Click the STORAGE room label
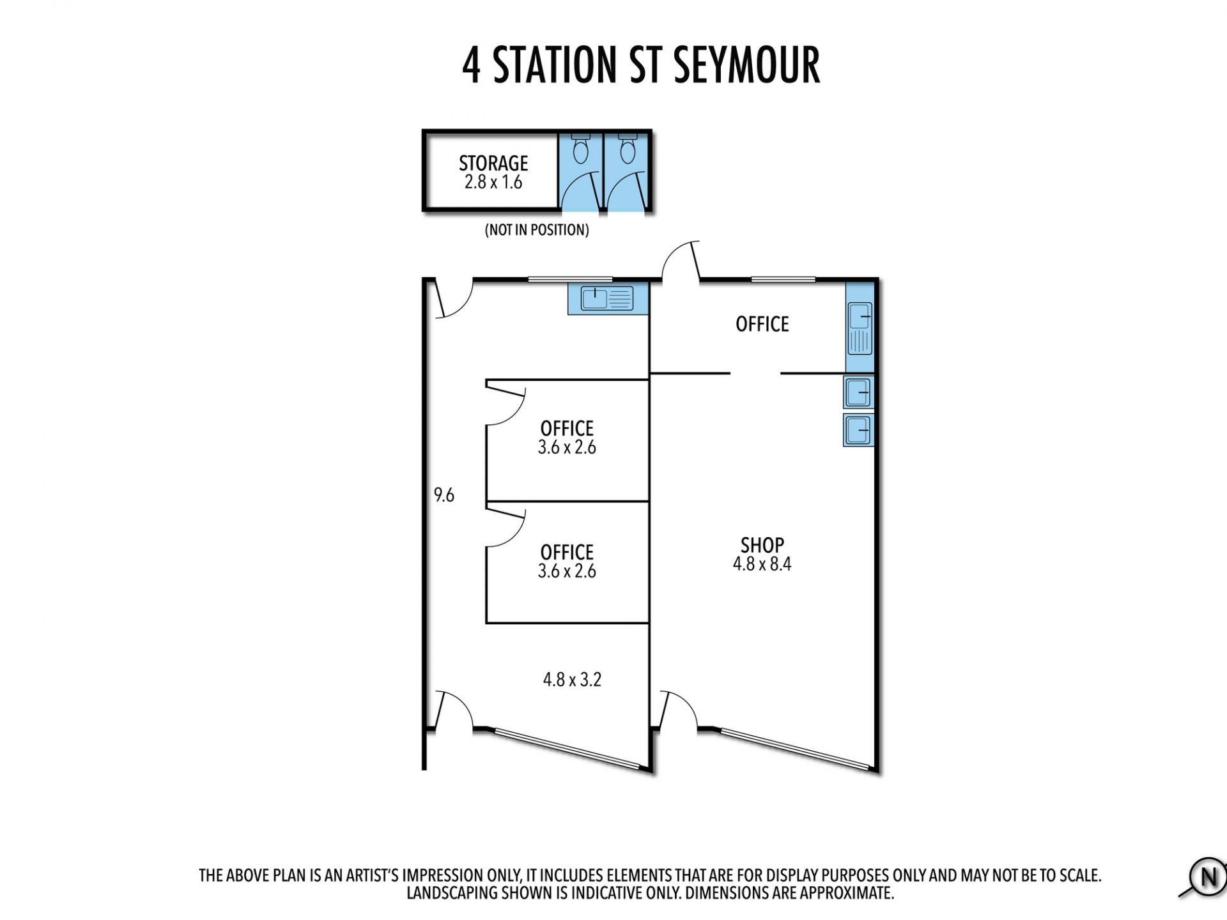tap(493, 163)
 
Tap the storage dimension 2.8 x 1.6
tap(493, 182)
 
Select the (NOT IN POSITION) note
tap(537, 230)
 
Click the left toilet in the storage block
tap(580, 149)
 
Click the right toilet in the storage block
tap(628, 149)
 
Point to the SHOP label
tap(762, 545)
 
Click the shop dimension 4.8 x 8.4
tap(762, 564)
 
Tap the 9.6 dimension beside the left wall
tap(444, 495)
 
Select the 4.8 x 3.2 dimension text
tap(572, 679)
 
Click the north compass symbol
tap(1207, 878)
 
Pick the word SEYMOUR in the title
tap(746, 65)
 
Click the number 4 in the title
tap(471, 65)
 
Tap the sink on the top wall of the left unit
tap(607, 298)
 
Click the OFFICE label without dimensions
tap(762, 325)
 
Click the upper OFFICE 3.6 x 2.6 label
tap(567, 438)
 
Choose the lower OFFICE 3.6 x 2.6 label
tap(567, 562)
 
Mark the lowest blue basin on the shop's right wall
tap(858, 429)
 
